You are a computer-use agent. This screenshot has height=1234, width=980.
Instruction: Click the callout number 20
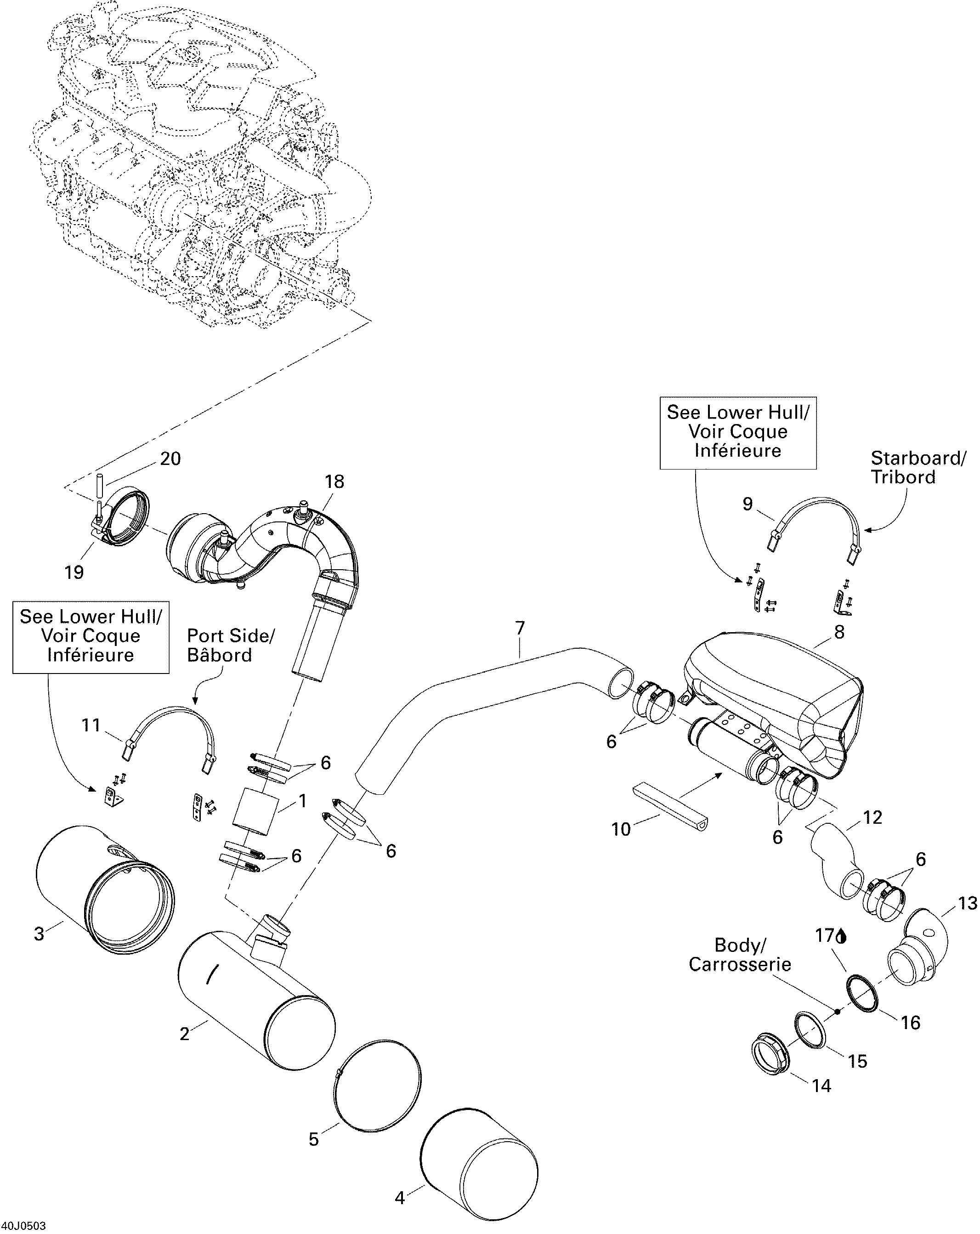coord(170,459)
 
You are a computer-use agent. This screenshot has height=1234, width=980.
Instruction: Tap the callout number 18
coord(334,482)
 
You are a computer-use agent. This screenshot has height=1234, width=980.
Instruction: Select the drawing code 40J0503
coord(23,1225)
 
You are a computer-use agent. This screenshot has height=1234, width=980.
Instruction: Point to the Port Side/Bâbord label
coord(231,645)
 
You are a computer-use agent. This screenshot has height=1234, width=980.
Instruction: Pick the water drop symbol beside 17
coord(841,936)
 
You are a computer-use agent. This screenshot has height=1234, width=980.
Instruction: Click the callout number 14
coord(821,1085)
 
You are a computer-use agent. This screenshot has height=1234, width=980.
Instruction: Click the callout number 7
coord(520,628)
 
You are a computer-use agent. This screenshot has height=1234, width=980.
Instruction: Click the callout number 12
coord(872,817)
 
